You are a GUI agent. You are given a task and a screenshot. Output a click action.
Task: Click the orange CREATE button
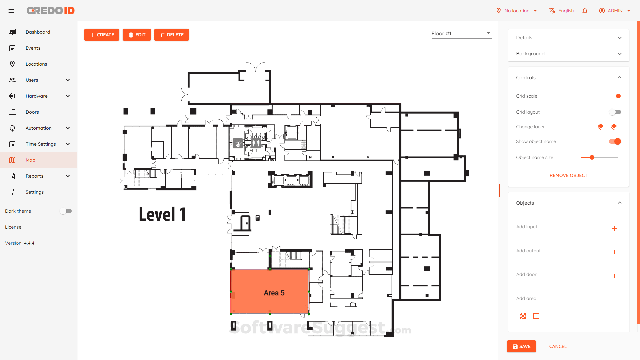tap(102, 35)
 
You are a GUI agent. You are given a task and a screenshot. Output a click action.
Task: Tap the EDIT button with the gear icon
tap(137, 35)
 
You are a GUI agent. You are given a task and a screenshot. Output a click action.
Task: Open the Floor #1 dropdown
tap(461, 33)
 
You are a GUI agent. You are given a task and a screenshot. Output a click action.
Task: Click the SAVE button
tap(521, 346)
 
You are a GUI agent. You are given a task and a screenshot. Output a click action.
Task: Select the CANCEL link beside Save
tap(558, 346)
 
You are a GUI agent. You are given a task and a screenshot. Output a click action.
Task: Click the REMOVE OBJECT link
tap(568, 175)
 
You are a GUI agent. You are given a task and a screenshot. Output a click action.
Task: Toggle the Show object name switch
tap(615, 141)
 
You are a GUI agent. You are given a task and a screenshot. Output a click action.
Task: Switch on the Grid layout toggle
tap(615, 112)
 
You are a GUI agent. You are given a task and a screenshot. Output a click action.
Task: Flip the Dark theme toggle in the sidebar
tap(66, 211)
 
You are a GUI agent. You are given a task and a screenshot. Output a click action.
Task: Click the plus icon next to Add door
tap(614, 276)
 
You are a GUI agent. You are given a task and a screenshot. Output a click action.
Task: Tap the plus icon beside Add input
tap(614, 228)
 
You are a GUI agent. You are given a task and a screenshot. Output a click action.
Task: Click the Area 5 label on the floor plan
tap(274, 293)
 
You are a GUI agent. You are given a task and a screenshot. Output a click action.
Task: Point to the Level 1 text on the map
tap(162, 214)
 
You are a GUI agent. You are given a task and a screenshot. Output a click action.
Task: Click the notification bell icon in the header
tap(585, 11)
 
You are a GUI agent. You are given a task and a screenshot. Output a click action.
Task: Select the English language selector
tap(562, 11)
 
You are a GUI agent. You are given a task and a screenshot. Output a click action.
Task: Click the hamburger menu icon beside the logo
tap(11, 11)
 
